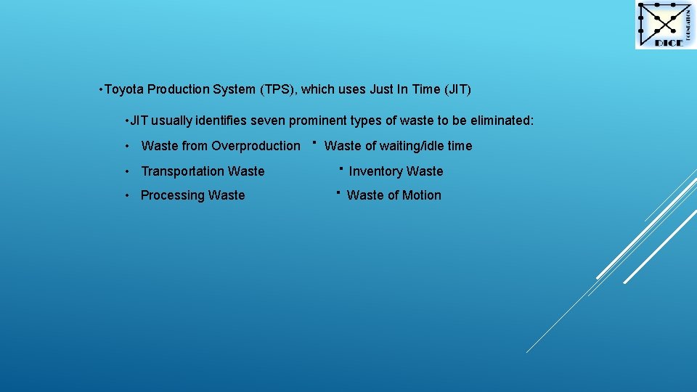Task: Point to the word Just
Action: [x=381, y=89]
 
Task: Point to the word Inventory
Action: [x=375, y=171]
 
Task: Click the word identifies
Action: [x=222, y=121]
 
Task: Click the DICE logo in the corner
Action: [x=665, y=25]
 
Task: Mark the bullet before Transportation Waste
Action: [x=127, y=171]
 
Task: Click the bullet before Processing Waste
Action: [x=127, y=195]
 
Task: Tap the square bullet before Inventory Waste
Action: [x=340, y=168]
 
